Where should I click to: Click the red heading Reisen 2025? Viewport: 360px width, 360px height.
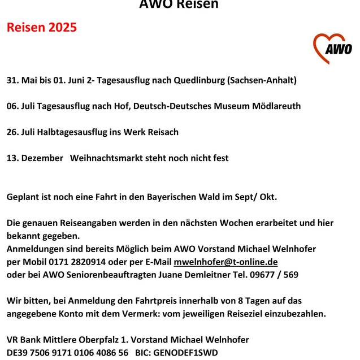pyautogui.click(x=41, y=27)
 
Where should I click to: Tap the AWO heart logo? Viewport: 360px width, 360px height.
pyautogui.click(x=332, y=48)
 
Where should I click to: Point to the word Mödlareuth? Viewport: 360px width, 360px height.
pyautogui.click(x=275, y=106)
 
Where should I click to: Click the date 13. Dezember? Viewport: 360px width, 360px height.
pyautogui.click(x=35, y=158)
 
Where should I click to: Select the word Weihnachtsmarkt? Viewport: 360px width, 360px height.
pyautogui.click(x=107, y=158)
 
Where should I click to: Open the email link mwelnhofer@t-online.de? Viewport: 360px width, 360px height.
pyautogui.click(x=225, y=262)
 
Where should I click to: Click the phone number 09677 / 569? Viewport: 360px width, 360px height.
pyautogui.click(x=275, y=275)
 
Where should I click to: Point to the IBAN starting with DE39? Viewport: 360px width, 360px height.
pyautogui.click(x=67, y=353)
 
